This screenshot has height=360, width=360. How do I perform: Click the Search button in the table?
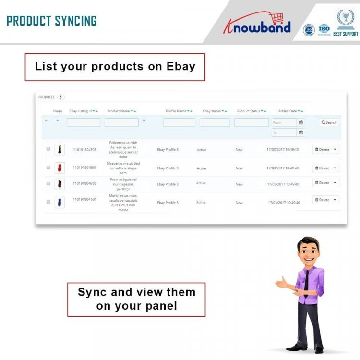coord(329,122)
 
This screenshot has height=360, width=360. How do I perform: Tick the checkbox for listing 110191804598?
coord(48,149)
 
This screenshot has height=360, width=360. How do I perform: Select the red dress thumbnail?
coord(60,168)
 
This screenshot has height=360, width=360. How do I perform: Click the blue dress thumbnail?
coord(60,202)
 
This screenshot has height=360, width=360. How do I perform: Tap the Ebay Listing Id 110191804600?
coord(84,183)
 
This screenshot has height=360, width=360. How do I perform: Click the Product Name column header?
coord(119,111)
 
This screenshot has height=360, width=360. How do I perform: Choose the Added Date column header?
coord(288,111)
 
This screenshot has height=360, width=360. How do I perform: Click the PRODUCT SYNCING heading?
coord(52,21)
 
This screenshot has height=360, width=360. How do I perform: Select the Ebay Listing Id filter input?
coord(84,122)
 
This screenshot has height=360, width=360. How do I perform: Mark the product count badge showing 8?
coord(60,97)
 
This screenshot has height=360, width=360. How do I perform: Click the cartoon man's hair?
coord(308,242)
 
